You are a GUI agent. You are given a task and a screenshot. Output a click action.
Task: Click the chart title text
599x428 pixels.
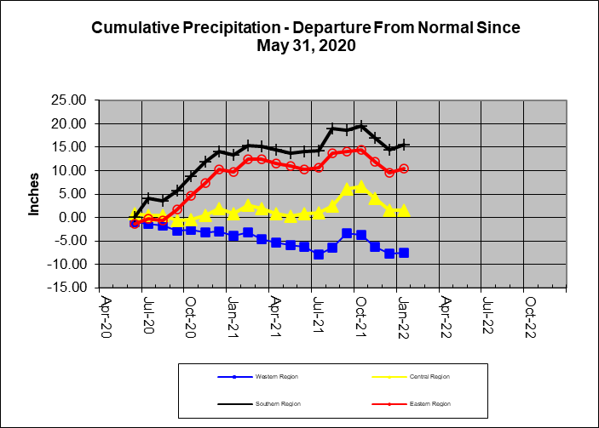305,37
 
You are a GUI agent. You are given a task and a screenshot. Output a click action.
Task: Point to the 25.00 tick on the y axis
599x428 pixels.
68,100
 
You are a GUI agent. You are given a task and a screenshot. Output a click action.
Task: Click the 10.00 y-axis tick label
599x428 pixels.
68,171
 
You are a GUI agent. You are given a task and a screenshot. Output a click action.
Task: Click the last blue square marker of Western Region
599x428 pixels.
403,253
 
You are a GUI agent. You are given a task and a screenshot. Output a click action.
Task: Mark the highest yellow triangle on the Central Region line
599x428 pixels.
360,186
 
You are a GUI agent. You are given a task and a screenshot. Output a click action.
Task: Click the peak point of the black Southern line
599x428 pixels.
360,127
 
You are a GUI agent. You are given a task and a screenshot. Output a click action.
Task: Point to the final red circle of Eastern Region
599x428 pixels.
403,168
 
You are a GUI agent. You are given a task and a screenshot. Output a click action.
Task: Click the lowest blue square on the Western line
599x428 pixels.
319,254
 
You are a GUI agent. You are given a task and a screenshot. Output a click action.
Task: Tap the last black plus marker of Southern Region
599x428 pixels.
403,145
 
